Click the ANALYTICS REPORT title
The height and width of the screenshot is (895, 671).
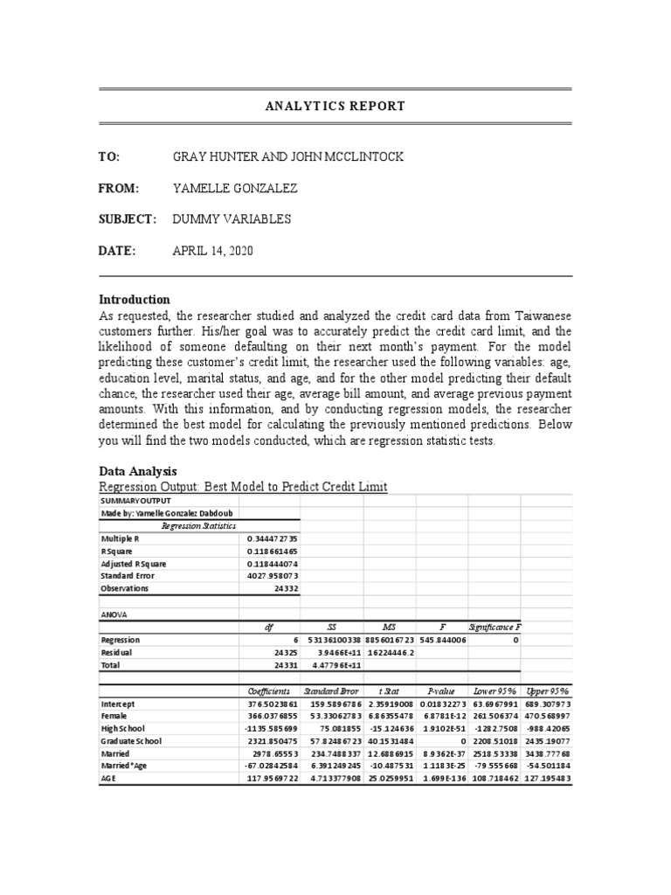click(335, 106)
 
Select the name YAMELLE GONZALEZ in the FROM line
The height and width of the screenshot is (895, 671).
click(237, 188)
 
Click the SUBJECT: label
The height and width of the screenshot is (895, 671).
click(128, 219)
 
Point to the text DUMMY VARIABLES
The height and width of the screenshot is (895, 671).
click(232, 219)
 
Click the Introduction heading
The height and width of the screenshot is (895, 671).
click(134, 299)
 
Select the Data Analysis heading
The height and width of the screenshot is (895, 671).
click(138, 470)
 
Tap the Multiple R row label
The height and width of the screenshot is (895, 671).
click(121, 539)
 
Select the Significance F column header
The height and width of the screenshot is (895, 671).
click(495, 627)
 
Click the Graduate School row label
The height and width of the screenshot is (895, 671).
click(131, 740)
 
